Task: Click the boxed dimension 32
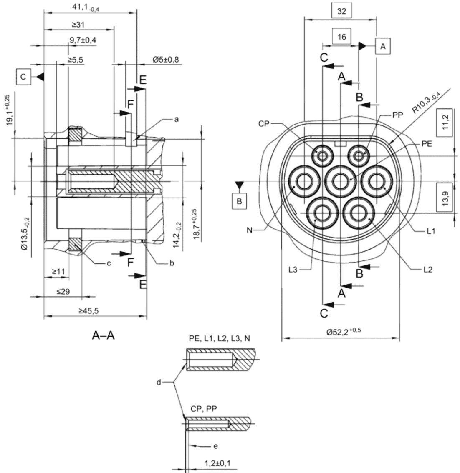341,11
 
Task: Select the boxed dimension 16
341,37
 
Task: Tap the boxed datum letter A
383,46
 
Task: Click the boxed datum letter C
23,77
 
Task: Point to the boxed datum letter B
239,201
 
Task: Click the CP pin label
263,124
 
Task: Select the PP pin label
398,115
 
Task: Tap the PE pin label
427,144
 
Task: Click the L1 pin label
431,231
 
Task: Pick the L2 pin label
428,269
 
